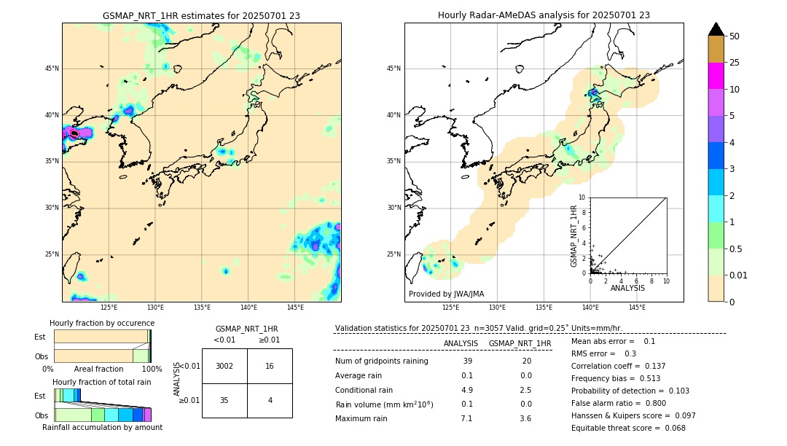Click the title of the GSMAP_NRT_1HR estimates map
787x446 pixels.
201,15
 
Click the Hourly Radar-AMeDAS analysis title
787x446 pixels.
544,15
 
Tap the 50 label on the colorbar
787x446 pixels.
735,36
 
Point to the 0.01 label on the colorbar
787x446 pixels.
739,275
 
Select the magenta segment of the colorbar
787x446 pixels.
716,76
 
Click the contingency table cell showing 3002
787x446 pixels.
224,366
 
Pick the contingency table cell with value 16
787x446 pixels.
270,366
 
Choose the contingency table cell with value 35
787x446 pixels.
224,400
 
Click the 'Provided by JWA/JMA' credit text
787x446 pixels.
446,294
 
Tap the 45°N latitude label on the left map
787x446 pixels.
52,69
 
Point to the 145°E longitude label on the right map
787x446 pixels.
637,308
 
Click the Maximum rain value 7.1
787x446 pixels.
466,418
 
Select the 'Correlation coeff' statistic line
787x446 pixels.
619,366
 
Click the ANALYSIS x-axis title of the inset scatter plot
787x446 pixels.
627,289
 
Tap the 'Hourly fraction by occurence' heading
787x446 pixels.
102,323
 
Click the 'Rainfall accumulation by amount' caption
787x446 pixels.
102,427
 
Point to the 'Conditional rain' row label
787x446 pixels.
364,389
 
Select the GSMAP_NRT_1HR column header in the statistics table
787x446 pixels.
520,343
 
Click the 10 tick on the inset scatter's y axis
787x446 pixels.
582,197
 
